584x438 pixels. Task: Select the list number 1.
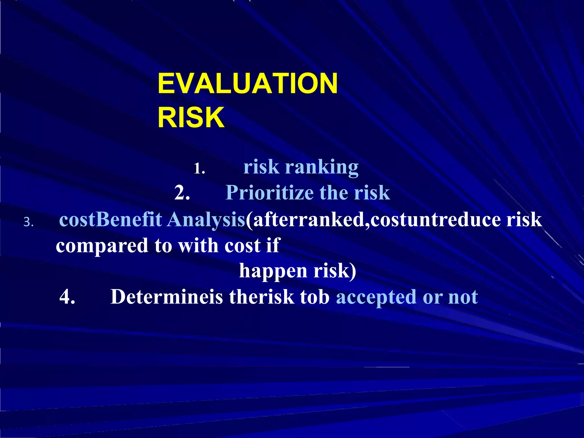199,169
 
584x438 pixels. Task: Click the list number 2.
182,193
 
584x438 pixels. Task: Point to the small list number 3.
28,222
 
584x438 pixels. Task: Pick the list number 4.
67,297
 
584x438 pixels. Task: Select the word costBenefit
111,220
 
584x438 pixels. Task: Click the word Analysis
206,220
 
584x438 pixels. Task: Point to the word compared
102,246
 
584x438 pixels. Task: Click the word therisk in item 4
261,297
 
